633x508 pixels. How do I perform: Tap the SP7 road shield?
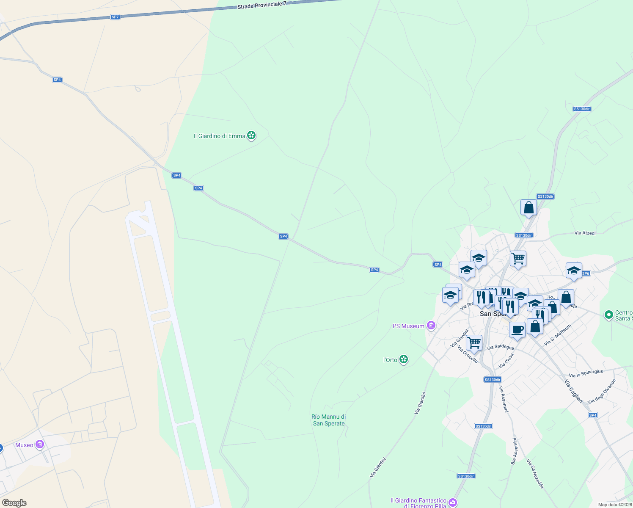(115, 17)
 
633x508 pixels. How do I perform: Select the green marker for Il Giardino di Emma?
(251, 135)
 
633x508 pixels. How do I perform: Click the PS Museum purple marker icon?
(431, 326)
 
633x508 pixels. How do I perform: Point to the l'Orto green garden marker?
(404, 359)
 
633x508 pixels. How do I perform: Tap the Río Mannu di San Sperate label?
(329, 420)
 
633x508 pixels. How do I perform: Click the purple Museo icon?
(40, 444)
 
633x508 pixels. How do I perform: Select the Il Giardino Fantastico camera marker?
(453, 502)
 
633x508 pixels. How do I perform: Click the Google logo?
(14, 503)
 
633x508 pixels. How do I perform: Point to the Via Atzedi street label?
(585, 233)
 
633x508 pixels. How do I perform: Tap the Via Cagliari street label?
(573, 391)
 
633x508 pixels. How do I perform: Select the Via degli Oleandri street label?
(602, 391)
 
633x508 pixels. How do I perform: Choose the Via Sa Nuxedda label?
(535, 474)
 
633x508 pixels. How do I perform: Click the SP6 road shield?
(586, 273)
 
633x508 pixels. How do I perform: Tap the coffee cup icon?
(517, 329)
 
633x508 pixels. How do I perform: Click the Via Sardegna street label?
(500, 347)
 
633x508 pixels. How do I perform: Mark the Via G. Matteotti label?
(558, 335)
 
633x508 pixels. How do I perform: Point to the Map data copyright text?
(615, 505)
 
